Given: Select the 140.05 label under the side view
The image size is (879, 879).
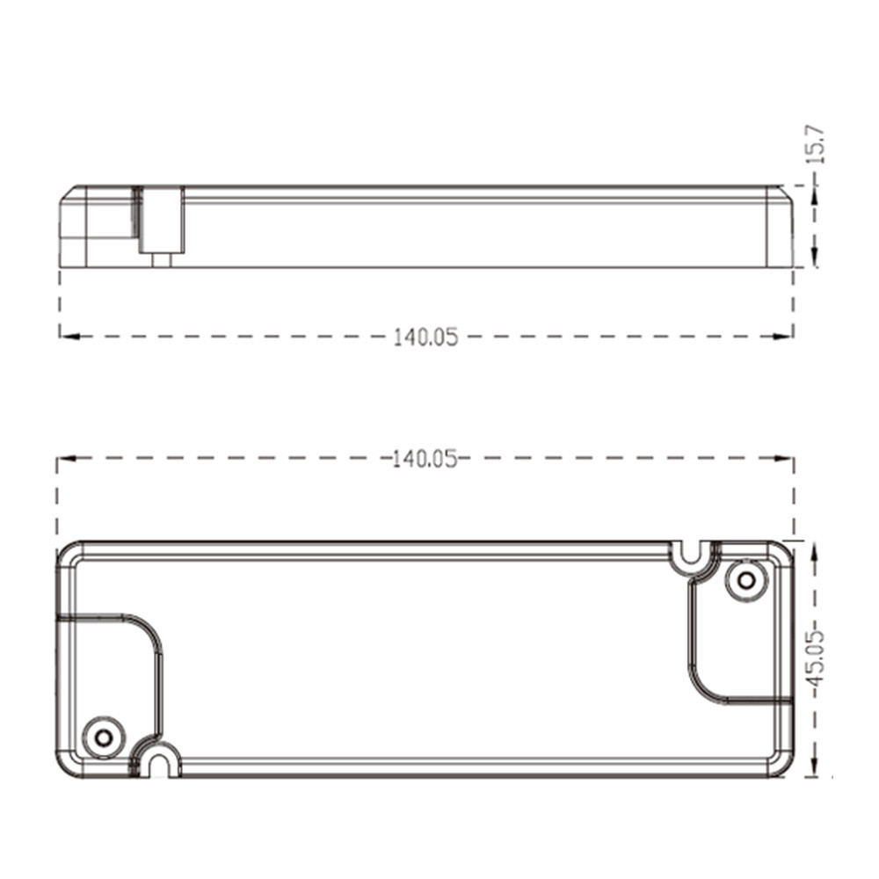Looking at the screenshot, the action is coord(425,338).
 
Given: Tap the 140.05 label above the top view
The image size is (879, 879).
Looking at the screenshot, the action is coord(425,459).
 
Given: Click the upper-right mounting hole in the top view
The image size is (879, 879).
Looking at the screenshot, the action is coord(746,580).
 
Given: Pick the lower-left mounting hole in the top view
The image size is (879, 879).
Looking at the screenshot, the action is coord(103,737).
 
